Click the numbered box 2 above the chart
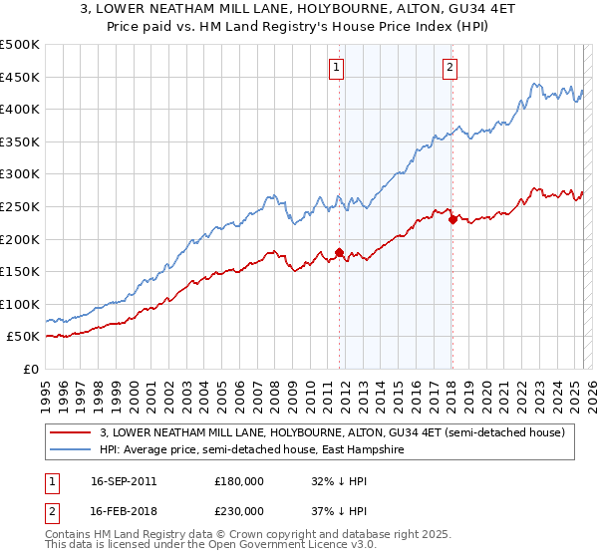click(x=449, y=68)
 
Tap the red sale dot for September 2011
click(x=340, y=252)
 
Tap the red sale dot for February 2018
click(x=452, y=220)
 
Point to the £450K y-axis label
click(x=21, y=77)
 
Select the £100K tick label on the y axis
click(x=21, y=304)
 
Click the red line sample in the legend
click(x=69, y=432)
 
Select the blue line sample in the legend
click(x=69, y=450)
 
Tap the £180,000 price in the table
click(x=238, y=481)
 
